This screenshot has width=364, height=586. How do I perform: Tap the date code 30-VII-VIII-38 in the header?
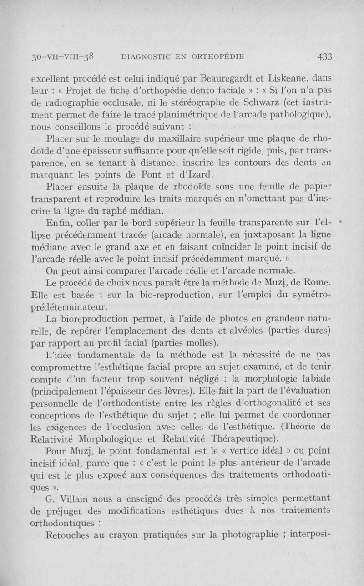point(62,57)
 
